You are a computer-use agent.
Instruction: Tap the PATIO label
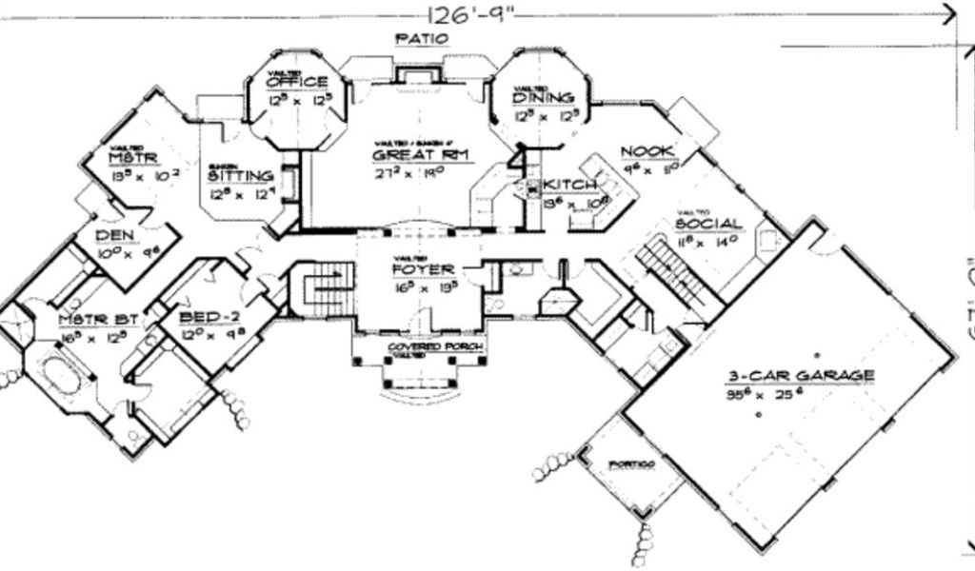tap(421, 39)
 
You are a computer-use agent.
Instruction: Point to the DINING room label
tap(543, 97)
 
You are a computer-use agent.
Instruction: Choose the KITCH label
tap(569, 184)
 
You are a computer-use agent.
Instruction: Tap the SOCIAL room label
tap(708, 224)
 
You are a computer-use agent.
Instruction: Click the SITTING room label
tap(242, 176)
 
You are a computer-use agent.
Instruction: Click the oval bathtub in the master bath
tap(60, 377)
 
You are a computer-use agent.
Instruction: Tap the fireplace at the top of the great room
tap(416, 77)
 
